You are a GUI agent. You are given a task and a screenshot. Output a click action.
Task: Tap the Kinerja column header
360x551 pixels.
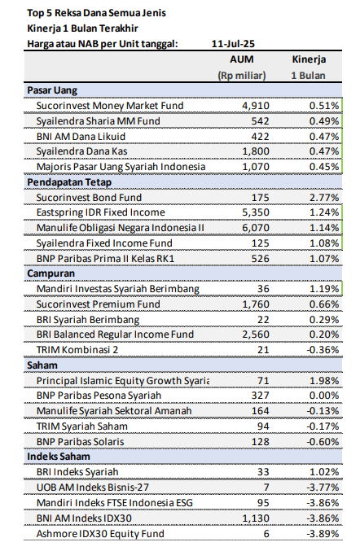coord(310,60)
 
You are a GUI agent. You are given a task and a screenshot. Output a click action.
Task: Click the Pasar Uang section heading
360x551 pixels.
coord(51,90)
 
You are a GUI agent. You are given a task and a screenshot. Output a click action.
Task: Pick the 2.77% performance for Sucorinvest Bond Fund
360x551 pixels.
coord(324,198)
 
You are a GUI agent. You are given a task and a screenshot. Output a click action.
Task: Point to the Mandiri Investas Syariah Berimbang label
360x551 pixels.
coord(116,289)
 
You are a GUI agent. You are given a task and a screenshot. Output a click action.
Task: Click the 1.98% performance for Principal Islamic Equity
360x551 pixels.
coord(324,381)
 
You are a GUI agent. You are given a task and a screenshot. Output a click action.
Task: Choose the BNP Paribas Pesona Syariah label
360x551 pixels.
coord(99,396)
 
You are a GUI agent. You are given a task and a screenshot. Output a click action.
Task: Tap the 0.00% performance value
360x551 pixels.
coord(324,396)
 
